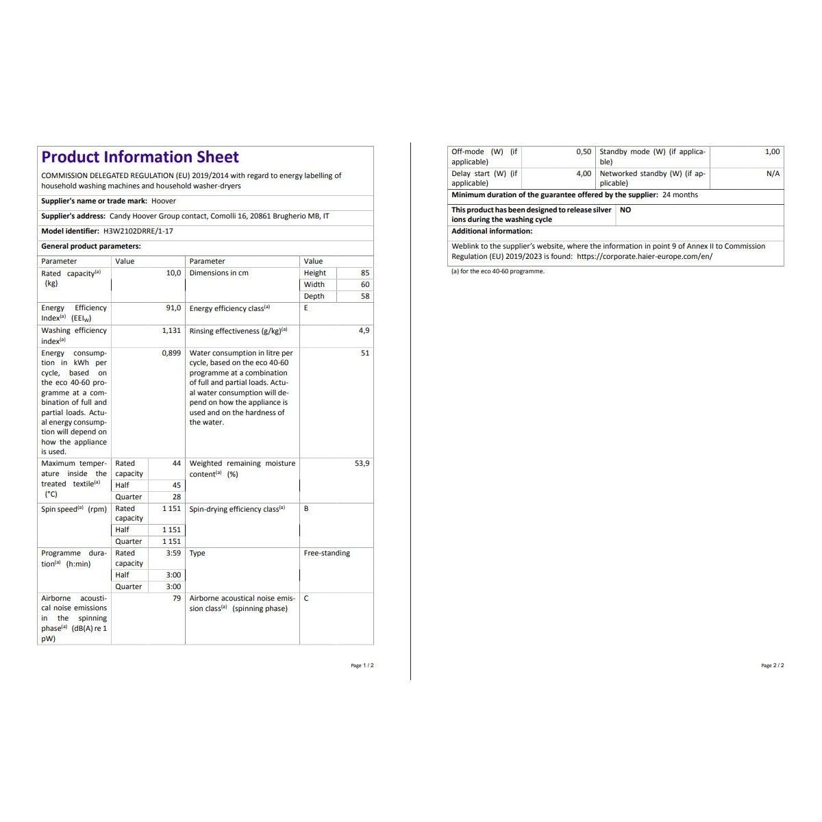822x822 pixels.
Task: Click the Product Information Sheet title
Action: pyautogui.click(x=140, y=158)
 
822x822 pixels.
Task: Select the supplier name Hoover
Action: pyautogui.click(x=164, y=201)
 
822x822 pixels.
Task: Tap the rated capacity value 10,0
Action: pyautogui.click(x=173, y=273)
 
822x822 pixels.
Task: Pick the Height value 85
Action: pyautogui.click(x=365, y=273)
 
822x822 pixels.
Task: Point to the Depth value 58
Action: pyautogui.click(x=365, y=297)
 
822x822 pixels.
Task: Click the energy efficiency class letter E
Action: pyautogui.click(x=306, y=308)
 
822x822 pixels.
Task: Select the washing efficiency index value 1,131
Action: pyautogui.click(x=171, y=331)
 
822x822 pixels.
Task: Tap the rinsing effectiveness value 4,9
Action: pyautogui.click(x=364, y=331)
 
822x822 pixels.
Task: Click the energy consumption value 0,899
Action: pyautogui.click(x=171, y=353)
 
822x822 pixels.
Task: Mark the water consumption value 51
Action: pyautogui.click(x=365, y=353)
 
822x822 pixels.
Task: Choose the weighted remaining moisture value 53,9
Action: pyautogui.click(x=362, y=464)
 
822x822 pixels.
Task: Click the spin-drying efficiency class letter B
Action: pyautogui.click(x=306, y=509)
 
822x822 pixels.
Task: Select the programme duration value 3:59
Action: pyautogui.click(x=173, y=553)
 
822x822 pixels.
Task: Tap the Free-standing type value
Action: pyautogui.click(x=327, y=553)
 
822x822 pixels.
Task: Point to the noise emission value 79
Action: pyautogui.click(x=177, y=599)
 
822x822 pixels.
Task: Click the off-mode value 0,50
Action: pyautogui.click(x=584, y=152)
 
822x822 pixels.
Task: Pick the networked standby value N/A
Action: pyautogui.click(x=773, y=174)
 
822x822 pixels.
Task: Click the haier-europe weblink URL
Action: pyautogui.click(x=645, y=257)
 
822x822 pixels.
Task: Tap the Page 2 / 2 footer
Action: pyautogui.click(x=772, y=666)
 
